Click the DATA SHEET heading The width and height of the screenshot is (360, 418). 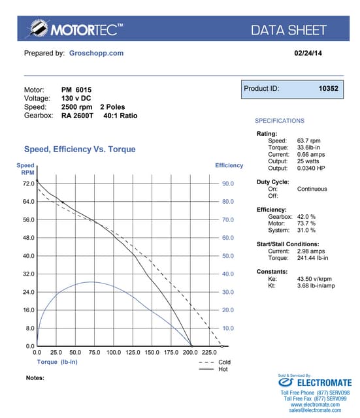click(289, 29)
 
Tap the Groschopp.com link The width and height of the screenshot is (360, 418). click(96, 53)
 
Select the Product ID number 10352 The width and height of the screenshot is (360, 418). click(328, 88)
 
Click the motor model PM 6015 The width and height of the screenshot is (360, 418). click(76, 89)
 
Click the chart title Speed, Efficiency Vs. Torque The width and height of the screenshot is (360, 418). click(80, 150)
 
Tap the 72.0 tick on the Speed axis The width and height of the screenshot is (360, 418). click(27, 184)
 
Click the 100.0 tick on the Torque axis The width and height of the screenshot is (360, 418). click(114, 352)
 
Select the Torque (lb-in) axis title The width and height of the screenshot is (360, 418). click(58, 361)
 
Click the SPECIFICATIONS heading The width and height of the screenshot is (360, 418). click(279, 121)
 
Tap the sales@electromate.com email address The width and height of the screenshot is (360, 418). click(315, 411)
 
